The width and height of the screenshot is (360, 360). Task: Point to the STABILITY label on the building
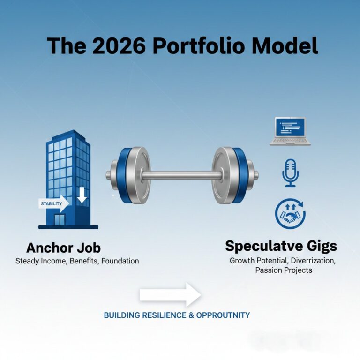(x=51, y=203)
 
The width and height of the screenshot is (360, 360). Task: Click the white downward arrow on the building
(x=82, y=195)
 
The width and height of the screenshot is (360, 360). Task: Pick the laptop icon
(x=290, y=131)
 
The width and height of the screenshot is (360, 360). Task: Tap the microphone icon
(x=290, y=172)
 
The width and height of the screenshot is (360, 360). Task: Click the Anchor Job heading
(x=63, y=247)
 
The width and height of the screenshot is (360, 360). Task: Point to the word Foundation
(x=120, y=261)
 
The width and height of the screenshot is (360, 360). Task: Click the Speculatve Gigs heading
(x=281, y=246)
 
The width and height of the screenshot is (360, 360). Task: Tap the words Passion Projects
(x=284, y=270)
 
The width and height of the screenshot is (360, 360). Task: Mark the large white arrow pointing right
(x=170, y=294)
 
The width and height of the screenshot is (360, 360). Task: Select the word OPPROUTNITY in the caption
(x=223, y=315)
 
